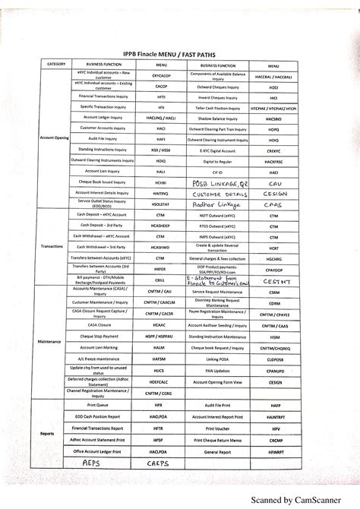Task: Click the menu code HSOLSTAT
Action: (159, 205)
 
